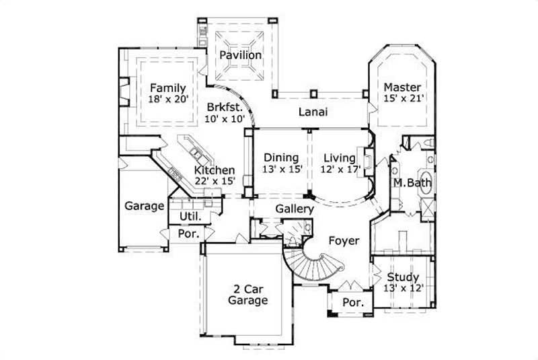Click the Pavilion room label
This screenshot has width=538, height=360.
(x=240, y=55)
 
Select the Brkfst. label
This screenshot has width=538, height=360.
(x=221, y=106)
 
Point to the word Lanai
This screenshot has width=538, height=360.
(x=313, y=112)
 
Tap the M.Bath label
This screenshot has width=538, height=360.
(x=412, y=183)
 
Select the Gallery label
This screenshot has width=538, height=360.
(x=295, y=209)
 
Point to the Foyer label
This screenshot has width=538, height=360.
(x=343, y=240)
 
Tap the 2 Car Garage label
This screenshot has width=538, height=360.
(x=247, y=294)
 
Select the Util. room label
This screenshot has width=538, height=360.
(x=190, y=216)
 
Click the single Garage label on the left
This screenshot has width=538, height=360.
(x=144, y=206)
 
